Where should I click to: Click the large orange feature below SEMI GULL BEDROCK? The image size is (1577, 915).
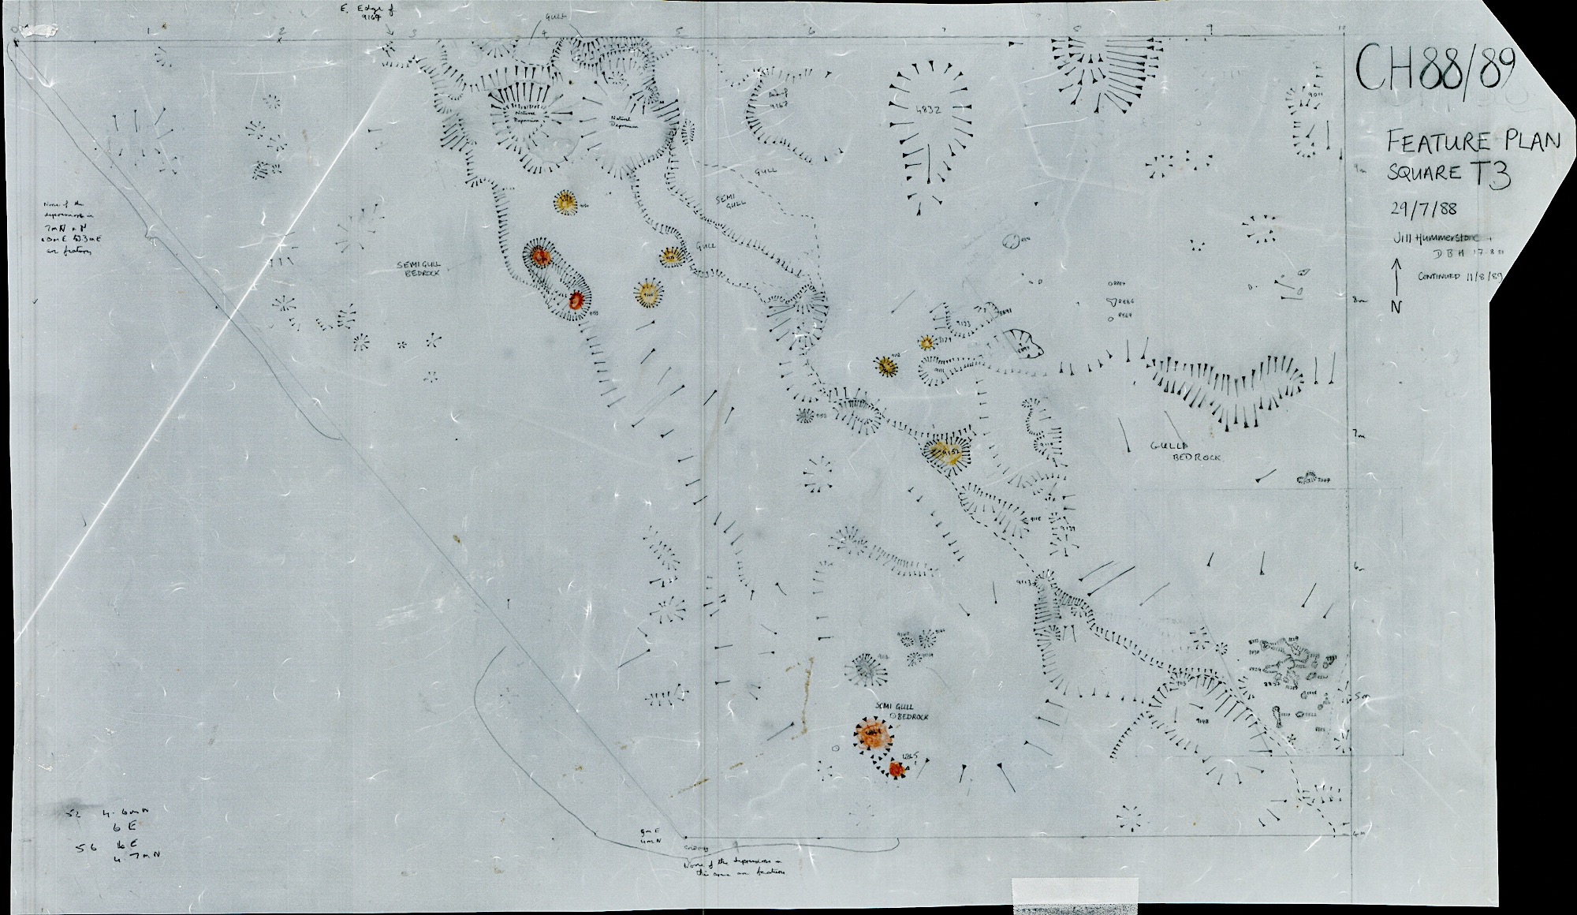coord(872,735)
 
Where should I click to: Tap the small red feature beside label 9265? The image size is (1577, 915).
coord(895,769)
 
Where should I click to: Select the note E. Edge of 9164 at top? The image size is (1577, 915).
coord(362,15)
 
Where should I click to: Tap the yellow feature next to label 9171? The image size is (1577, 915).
coord(926,342)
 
